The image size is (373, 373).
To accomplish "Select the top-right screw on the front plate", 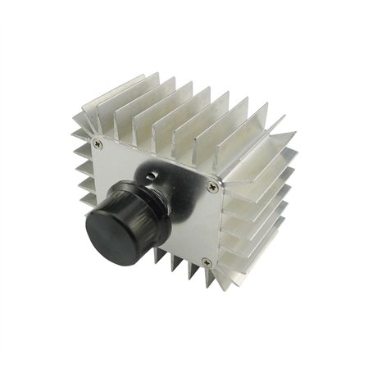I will pos(214,187).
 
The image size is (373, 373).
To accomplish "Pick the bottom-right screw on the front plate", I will pos(206,263).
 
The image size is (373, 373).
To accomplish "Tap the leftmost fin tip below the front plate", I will pos(152,261).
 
